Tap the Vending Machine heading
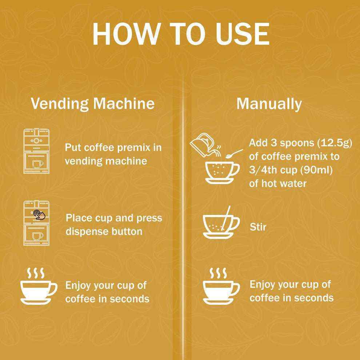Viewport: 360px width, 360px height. point(92,104)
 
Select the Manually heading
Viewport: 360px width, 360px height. point(269,104)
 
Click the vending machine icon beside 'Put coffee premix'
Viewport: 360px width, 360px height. point(36,151)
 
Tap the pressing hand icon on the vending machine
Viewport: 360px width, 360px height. point(39,215)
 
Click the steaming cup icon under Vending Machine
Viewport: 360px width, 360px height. point(39,286)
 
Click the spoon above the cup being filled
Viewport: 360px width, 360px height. point(234,154)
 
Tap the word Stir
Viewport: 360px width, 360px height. point(258,227)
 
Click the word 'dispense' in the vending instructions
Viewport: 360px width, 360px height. point(87,231)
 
